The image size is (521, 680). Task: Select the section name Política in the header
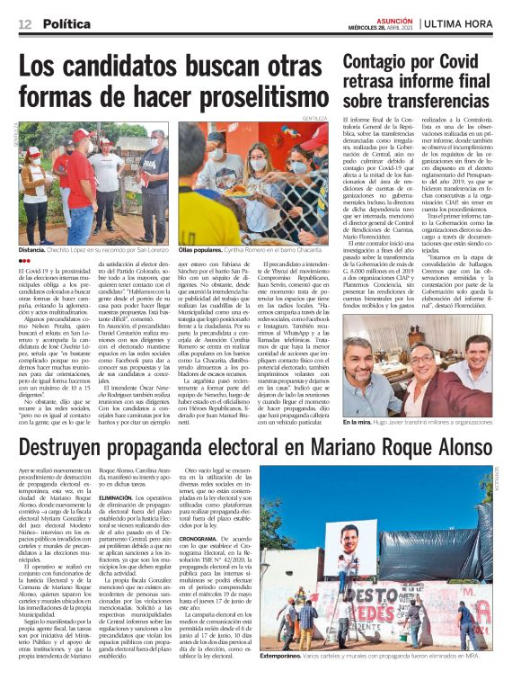(x=69, y=22)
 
